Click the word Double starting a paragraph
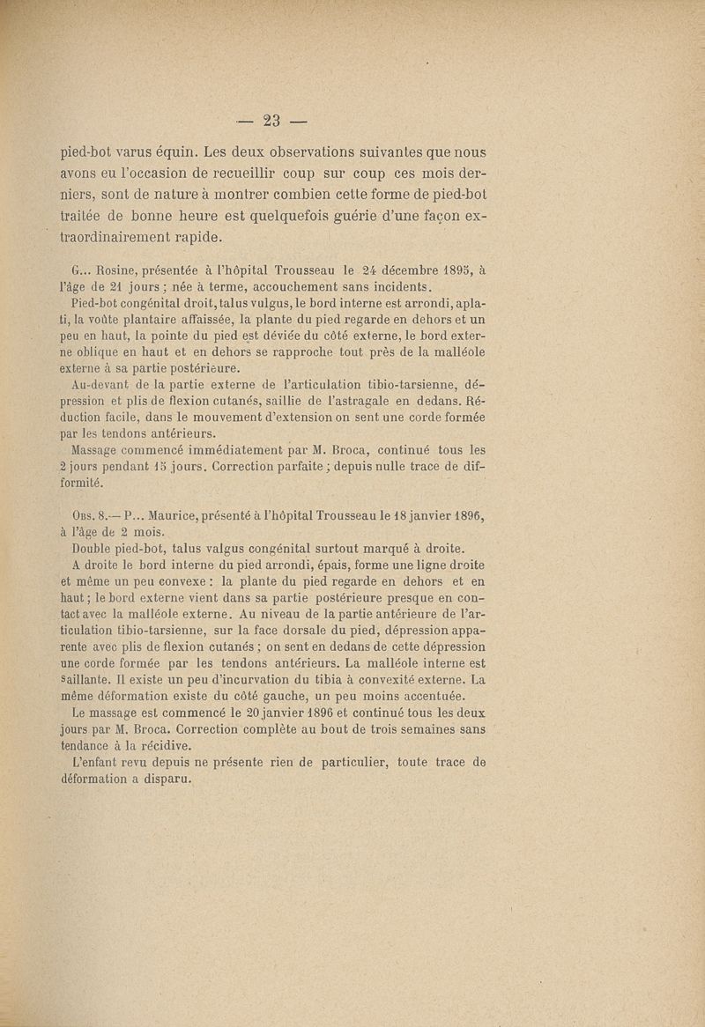point(93,547)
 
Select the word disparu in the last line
point(162,778)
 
